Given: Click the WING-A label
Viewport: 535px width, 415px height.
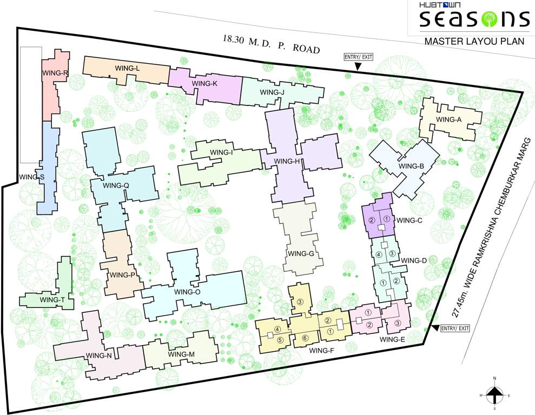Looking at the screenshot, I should pyautogui.click(x=448, y=120).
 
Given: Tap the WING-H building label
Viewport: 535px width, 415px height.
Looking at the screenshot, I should pyautogui.click(x=287, y=162).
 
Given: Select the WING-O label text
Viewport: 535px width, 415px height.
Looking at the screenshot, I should pyautogui.click(x=188, y=292).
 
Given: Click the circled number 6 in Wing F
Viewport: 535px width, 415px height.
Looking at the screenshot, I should pyautogui.click(x=305, y=338).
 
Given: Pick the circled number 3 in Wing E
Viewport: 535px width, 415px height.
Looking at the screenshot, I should pyautogui.click(x=398, y=323).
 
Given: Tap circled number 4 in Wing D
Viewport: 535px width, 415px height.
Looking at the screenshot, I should pyautogui.click(x=379, y=255).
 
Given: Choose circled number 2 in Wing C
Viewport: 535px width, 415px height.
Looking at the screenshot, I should pyautogui.click(x=372, y=220).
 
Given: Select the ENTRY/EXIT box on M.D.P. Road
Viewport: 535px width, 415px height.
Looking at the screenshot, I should pyautogui.click(x=358, y=57).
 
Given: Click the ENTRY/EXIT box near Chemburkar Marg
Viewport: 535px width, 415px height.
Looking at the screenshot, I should pyautogui.click(x=455, y=328).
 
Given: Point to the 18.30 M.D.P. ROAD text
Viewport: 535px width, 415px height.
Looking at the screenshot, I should pyautogui.click(x=271, y=44).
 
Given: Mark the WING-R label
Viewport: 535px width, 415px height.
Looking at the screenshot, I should pyautogui.click(x=55, y=73).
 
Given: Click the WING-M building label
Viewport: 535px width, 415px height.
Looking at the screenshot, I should pyautogui.click(x=181, y=354).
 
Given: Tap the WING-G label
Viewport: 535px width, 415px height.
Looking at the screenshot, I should pyautogui.click(x=301, y=253).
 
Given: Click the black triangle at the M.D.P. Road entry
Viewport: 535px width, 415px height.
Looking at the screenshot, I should pyautogui.click(x=358, y=66).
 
